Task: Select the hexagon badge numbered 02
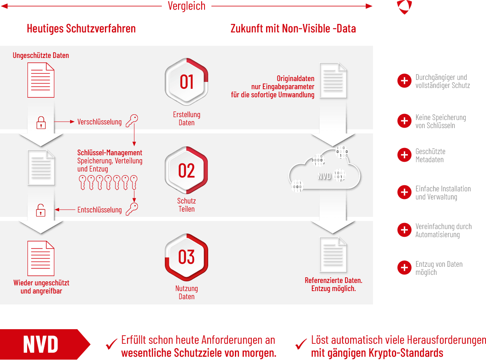click(x=187, y=171)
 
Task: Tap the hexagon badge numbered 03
click(x=187, y=257)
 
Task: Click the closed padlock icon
click(x=41, y=122)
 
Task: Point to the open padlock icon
click(x=41, y=210)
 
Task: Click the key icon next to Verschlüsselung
click(x=132, y=120)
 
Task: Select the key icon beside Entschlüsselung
click(x=132, y=209)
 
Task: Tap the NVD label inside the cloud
click(x=324, y=176)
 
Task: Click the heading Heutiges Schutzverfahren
click(x=81, y=29)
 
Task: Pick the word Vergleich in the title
click(x=187, y=6)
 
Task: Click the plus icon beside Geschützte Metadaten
click(x=404, y=155)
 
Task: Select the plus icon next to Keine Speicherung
click(x=404, y=121)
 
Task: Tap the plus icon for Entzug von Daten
click(x=404, y=268)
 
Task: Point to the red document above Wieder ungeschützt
click(x=41, y=258)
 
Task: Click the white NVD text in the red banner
click(x=41, y=345)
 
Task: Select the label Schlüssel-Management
click(x=110, y=153)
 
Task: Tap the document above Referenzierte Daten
click(x=333, y=254)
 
